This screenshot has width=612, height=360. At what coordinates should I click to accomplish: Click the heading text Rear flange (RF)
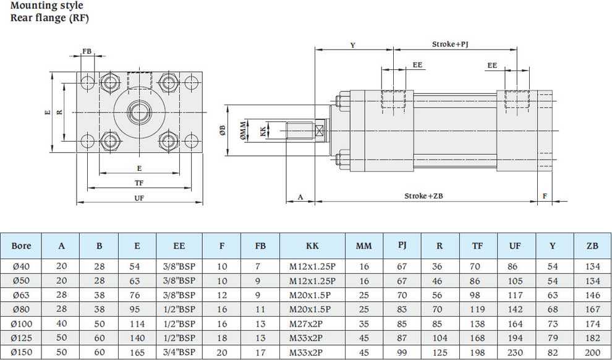[49, 17]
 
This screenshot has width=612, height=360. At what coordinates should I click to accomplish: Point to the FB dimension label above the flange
[87, 51]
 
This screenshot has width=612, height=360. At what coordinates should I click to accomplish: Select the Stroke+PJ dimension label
[453, 45]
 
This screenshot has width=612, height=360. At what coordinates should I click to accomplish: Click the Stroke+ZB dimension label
[423, 196]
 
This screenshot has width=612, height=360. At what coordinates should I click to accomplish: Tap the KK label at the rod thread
[263, 131]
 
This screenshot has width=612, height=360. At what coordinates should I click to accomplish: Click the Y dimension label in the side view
[352, 45]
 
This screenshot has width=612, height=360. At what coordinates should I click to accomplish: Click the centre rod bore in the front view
[138, 112]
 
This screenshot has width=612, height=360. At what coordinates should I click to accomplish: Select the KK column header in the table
[312, 246]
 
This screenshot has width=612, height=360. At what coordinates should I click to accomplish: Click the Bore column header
[21, 246]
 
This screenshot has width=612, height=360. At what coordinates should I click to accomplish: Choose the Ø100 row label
[22, 323]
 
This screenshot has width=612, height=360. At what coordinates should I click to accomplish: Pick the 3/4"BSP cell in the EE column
[179, 351]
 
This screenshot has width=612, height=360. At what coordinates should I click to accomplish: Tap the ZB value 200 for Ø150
[592, 351]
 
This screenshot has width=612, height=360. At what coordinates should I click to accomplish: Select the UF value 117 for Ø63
[514, 294]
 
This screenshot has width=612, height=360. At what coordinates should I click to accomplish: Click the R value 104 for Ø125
[439, 337]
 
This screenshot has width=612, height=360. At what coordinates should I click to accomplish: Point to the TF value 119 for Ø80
[477, 309]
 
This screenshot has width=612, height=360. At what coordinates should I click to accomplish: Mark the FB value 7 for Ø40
[260, 267]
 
